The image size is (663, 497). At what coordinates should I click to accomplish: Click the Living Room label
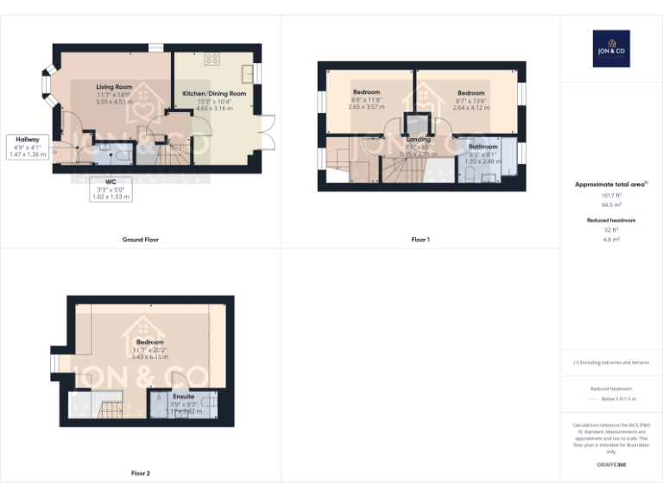[114, 86]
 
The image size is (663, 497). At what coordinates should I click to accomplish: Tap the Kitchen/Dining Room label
[214, 93]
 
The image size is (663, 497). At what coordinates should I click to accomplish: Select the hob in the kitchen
[212, 60]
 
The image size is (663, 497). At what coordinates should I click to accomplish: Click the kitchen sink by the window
[248, 71]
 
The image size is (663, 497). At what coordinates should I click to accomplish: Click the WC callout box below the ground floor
[110, 189]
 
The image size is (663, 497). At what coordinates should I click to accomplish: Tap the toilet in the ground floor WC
[122, 156]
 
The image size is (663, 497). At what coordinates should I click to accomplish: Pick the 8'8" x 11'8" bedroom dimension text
[365, 100]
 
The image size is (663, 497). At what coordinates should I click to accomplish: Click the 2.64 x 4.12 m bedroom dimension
[471, 108]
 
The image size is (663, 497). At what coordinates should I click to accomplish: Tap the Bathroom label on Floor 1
[483, 147]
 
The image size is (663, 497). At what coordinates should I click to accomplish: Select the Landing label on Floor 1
[419, 139]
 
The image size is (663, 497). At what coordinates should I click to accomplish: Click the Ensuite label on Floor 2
[172, 397]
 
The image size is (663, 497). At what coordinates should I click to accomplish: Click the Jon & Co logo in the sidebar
[611, 48]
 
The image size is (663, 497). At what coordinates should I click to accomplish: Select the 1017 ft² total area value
[611, 196]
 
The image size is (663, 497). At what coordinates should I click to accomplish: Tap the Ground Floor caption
[141, 239]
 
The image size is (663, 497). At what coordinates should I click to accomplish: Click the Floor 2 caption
[141, 473]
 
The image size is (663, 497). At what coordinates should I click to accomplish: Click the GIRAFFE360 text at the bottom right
[611, 465]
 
